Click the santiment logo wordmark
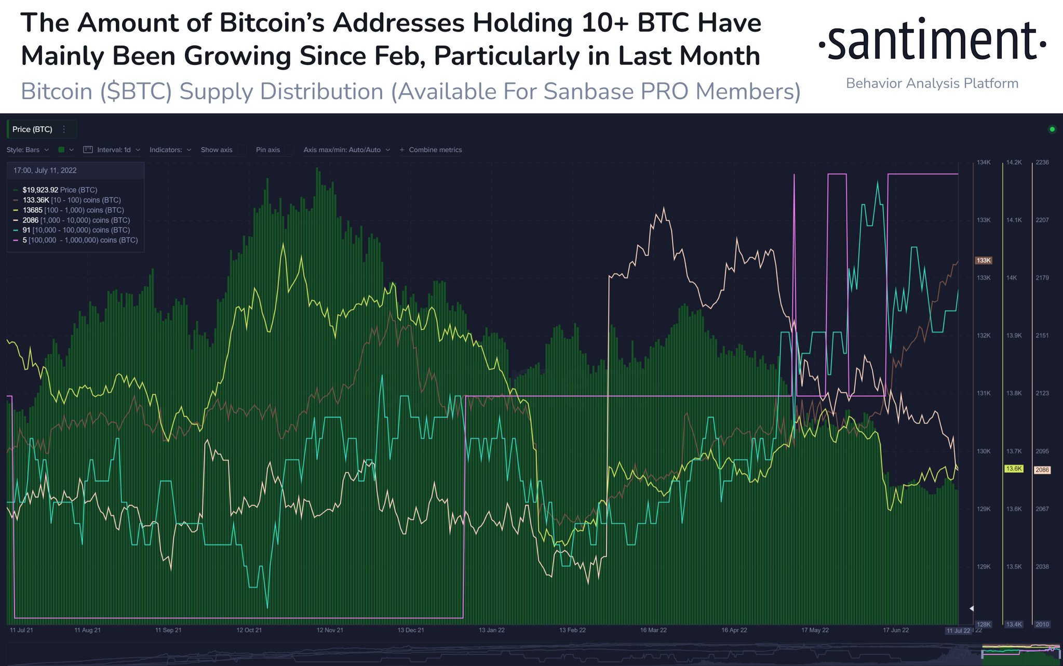(932, 41)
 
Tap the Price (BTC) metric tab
(32, 129)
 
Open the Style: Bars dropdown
(28, 150)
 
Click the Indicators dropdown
(170, 150)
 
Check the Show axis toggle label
(217, 150)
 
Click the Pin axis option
(267, 150)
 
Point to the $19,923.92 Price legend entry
(60, 190)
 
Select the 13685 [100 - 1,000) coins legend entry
(73, 210)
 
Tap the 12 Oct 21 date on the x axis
(249, 630)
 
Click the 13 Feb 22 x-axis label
(572, 630)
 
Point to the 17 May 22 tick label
(815, 630)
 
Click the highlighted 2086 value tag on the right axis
(1042, 470)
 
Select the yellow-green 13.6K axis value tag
(1013, 469)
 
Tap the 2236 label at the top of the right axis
(1042, 163)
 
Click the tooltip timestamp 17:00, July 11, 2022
(45, 170)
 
